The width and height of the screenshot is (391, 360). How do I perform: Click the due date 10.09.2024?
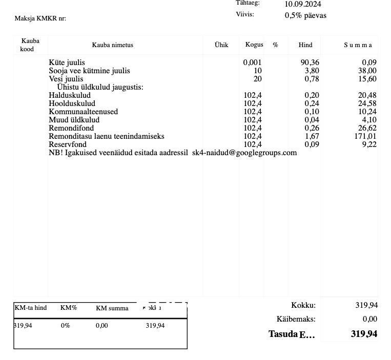point(303,5)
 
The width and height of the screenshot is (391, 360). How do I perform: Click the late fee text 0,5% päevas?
point(305,15)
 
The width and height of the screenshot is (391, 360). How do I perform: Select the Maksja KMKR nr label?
point(40,18)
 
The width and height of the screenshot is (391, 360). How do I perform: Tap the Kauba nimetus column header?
point(112,45)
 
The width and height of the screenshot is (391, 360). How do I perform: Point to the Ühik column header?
point(221,45)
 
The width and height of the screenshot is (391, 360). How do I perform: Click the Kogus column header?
point(254,45)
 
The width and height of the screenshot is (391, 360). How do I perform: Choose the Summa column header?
point(358,45)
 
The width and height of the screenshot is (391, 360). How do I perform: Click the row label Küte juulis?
point(67,62)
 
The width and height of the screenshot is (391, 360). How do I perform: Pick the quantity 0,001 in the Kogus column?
point(252,62)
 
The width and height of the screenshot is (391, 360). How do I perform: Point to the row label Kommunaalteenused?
point(83,112)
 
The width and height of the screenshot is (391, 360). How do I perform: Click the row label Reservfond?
point(68,144)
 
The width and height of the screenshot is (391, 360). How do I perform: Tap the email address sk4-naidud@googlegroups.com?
point(244,153)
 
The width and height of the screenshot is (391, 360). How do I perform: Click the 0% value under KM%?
point(65,326)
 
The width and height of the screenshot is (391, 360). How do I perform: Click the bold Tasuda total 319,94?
point(364,334)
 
